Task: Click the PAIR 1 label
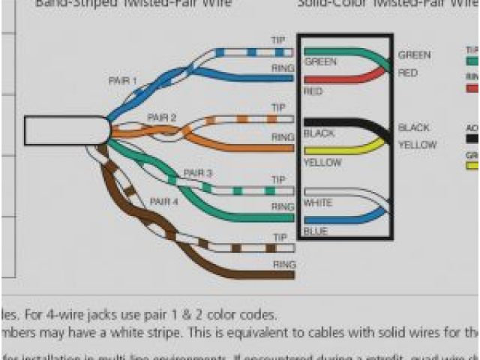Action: (x=123, y=80)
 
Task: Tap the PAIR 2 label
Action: (x=161, y=118)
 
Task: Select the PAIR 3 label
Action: (x=198, y=173)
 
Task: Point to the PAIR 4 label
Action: (x=163, y=202)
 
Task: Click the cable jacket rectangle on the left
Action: (x=66, y=130)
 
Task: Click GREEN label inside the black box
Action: (x=320, y=62)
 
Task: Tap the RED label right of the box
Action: (x=408, y=73)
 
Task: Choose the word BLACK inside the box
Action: (x=319, y=134)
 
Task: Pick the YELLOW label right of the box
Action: (x=416, y=145)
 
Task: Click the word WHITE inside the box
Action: (x=318, y=204)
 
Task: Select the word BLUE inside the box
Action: (x=315, y=232)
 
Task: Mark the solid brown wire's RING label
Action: (x=283, y=265)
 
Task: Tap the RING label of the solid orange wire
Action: (x=282, y=137)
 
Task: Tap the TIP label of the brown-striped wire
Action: (x=280, y=238)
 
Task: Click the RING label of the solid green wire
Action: (x=282, y=206)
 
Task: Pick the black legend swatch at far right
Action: (x=472, y=138)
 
